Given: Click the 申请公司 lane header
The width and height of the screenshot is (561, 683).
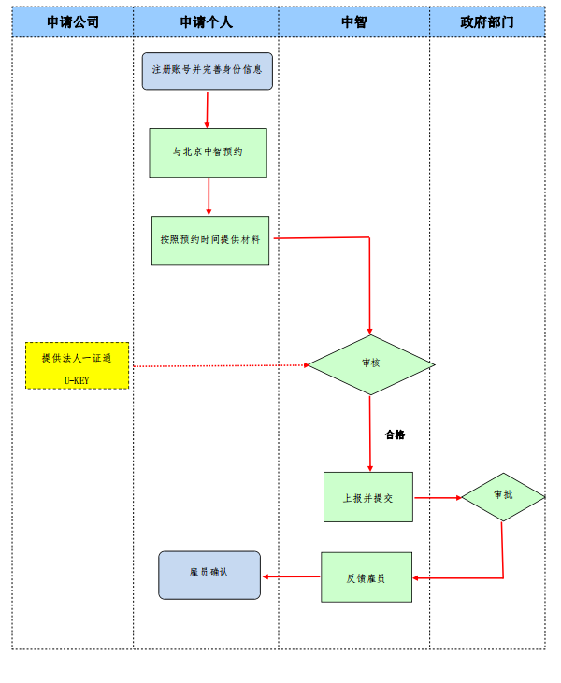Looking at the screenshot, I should (x=73, y=21).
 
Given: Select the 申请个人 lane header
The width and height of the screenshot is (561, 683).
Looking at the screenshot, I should (x=206, y=21).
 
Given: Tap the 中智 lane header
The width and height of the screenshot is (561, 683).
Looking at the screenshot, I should (x=354, y=21).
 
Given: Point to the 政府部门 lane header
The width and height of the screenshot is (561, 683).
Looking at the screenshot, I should (x=487, y=21).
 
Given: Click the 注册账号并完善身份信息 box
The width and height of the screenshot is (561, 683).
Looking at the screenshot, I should (x=207, y=71).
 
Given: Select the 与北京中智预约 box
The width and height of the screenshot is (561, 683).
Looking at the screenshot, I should (x=208, y=152).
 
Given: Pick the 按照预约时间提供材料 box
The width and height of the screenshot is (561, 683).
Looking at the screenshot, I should (x=209, y=240).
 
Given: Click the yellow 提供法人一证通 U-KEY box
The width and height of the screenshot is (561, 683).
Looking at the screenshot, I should (x=77, y=364).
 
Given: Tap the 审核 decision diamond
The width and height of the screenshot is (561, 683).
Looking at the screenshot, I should (x=371, y=364).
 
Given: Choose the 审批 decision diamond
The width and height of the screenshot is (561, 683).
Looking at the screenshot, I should (x=503, y=496).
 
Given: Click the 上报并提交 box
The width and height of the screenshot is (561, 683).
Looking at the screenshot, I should (x=367, y=497).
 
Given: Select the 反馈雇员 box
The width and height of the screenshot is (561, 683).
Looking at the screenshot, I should (x=366, y=576).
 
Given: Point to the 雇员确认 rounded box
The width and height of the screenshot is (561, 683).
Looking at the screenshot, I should (x=209, y=575).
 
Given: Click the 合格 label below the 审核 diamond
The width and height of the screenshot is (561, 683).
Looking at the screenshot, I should (x=395, y=434).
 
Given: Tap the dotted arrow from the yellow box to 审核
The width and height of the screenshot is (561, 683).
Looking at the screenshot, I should (x=220, y=365).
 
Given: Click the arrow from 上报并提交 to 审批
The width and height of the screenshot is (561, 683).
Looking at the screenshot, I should (x=438, y=497).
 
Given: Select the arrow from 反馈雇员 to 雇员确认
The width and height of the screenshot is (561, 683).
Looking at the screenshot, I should (x=291, y=576).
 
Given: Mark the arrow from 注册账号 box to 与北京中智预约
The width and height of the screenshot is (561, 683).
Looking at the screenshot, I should (x=207, y=108).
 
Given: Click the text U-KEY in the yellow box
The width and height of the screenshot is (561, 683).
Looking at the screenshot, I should (x=77, y=380).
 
